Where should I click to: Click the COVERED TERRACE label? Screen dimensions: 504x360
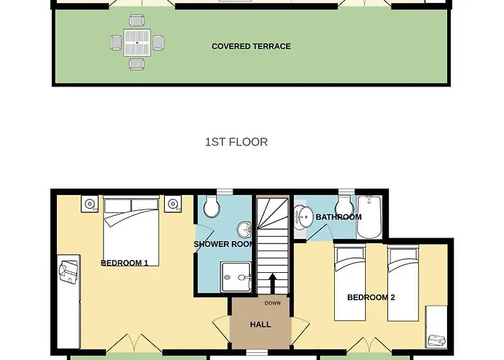(x=251, y=46)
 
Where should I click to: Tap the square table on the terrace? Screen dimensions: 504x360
(x=138, y=42)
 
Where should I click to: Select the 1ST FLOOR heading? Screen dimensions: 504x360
(x=236, y=142)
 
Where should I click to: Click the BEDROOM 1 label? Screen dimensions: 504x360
(x=125, y=263)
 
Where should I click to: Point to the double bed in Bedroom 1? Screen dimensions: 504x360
(x=131, y=231)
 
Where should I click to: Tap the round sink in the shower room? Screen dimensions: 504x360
(x=245, y=230)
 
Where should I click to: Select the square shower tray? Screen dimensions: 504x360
(x=236, y=277)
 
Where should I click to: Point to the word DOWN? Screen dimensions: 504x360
(x=273, y=303)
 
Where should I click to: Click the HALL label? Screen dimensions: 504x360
(x=261, y=324)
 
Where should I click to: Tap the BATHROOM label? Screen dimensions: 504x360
(x=338, y=217)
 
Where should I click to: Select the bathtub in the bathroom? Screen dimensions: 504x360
(x=369, y=217)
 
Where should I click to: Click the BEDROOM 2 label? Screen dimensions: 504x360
(x=371, y=297)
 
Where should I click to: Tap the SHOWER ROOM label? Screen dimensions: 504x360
(x=224, y=244)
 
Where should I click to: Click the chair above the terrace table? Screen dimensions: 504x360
(x=137, y=21)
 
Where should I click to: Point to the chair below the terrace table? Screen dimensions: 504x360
(x=137, y=63)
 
